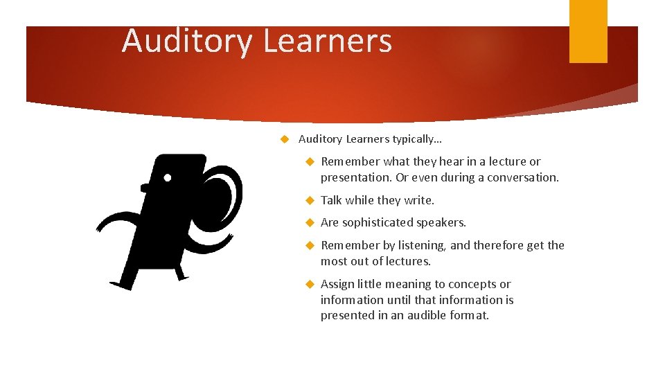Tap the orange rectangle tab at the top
pyautogui.click(x=588, y=30)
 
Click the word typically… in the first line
pyautogui.click(x=417, y=139)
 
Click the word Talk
pyautogui.click(x=331, y=200)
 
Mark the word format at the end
pyautogui.click(x=471, y=315)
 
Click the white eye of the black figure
pyautogui.click(x=168, y=177)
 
